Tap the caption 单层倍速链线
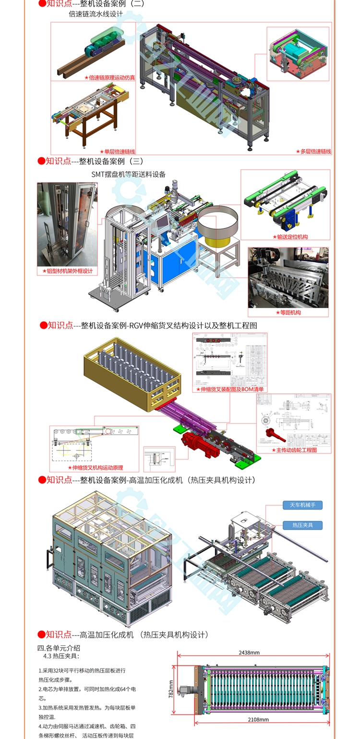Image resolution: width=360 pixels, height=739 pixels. click(x=117, y=151)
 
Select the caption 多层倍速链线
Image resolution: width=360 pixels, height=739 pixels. click(x=313, y=151)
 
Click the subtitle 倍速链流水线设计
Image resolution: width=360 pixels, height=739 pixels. click(x=96, y=14)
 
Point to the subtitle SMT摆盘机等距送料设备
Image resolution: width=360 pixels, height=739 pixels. click(x=129, y=174)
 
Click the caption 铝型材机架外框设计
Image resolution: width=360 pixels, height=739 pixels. click(x=67, y=271)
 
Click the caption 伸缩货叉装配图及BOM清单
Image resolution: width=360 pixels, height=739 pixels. click(x=230, y=389)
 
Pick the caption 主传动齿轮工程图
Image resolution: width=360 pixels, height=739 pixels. click(x=295, y=450)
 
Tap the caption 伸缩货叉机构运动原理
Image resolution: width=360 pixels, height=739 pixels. click(x=96, y=467)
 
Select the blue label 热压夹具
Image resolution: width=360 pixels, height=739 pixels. click(x=302, y=525)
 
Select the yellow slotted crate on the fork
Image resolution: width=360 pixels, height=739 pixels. click(x=132, y=375)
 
